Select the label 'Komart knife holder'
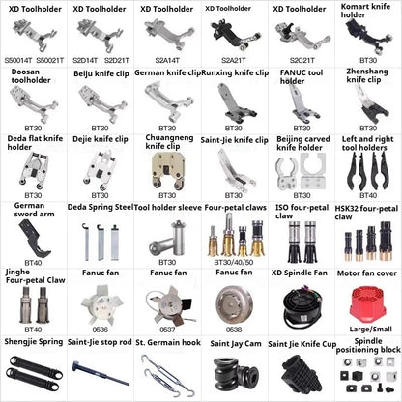click(362, 13)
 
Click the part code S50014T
click(19, 59)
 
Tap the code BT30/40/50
click(233, 261)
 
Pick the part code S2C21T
click(299, 59)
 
